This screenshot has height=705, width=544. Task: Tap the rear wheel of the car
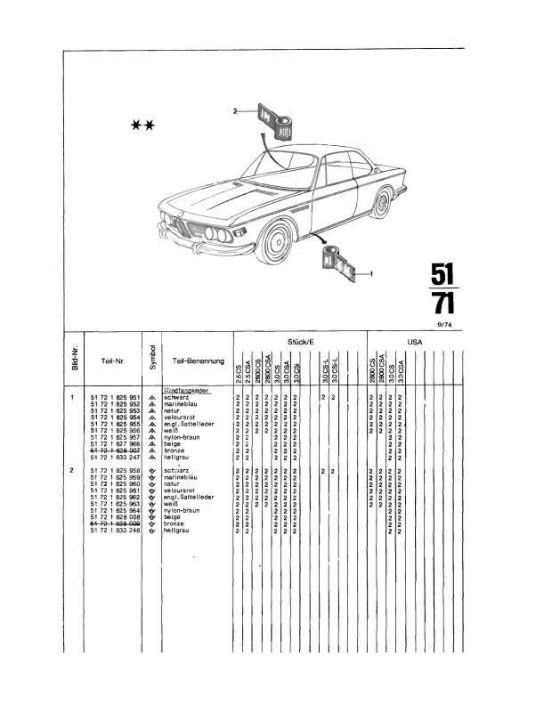(x=381, y=203)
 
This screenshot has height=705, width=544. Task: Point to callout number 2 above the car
(x=235, y=112)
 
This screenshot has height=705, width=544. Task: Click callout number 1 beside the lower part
(x=369, y=275)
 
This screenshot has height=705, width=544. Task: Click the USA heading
(x=414, y=340)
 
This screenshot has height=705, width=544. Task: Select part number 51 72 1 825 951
(x=115, y=396)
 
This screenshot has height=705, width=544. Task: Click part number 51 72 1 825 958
(x=115, y=471)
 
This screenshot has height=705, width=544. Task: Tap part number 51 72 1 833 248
(x=115, y=531)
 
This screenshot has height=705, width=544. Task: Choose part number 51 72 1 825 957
(x=115, y=437)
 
